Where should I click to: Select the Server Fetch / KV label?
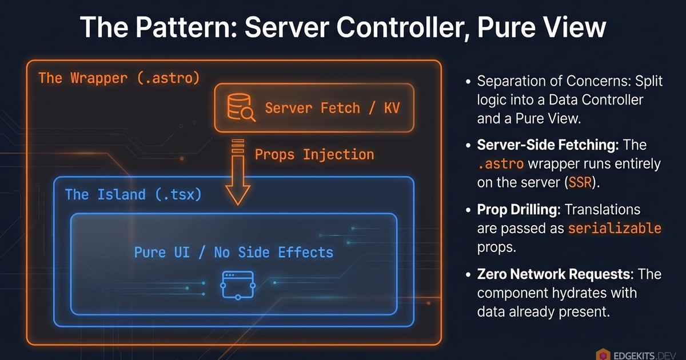pos(332,108)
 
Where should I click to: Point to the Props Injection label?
pos(314,154)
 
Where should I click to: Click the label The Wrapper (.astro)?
pos(119,78)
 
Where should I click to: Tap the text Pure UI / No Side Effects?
pos(233,252)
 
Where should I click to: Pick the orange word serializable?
pos(615,229)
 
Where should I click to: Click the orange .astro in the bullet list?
pos(499,165)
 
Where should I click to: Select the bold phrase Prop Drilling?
pos(517,209)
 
